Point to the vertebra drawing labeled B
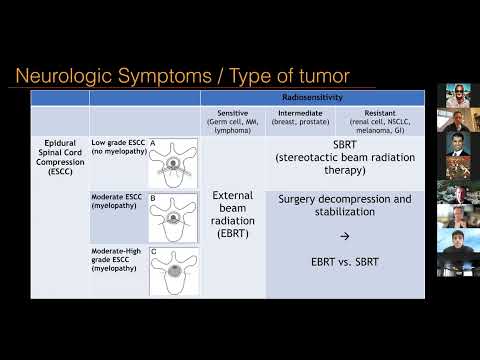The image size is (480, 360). pos(173,216)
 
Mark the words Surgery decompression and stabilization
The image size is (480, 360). pos(344,205)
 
